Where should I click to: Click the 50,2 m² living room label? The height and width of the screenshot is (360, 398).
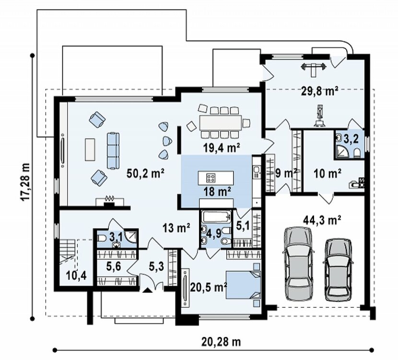(146, 174)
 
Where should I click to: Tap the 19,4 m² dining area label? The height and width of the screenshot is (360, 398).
(222, 148)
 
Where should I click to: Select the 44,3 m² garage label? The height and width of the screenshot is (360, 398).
(322, 220)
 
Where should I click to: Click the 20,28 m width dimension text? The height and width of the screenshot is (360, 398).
(221, 342)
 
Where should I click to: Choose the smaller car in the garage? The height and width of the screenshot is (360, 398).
(338, 270)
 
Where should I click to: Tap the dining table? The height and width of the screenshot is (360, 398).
(221, 123)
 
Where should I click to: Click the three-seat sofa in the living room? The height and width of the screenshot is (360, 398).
(113, 151)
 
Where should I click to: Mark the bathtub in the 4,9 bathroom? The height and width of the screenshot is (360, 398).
(217, 217)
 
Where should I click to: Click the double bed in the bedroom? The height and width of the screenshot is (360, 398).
(243, 285)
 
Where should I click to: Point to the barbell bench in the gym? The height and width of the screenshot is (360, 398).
(313, 68)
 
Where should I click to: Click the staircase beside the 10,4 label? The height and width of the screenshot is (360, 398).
(67, 252)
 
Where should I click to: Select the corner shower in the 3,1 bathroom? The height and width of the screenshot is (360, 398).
(131, 236)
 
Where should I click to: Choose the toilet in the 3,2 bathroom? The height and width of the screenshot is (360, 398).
(357, 154)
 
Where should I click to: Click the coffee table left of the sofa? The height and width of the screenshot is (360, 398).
(90, 149)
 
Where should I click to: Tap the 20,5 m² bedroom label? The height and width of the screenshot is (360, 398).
(209, 288)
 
